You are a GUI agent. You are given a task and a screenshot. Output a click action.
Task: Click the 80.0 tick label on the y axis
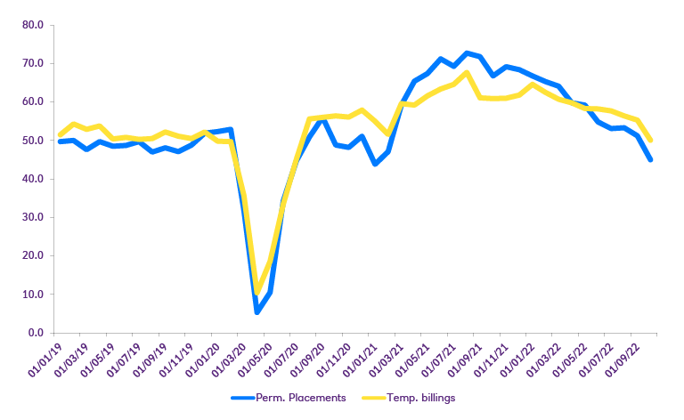tap(32, 25)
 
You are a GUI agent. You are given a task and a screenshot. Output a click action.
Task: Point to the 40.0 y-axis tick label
tap(32, 179)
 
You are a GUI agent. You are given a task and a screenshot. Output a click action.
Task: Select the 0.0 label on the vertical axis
tap(35, 333)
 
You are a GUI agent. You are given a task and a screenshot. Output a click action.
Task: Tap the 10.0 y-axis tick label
tap(32, 295)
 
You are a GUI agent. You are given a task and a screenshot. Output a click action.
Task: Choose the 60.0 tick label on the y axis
tap(32, 102)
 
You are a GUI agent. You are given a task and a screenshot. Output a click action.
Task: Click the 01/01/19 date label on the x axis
tap(45, 358)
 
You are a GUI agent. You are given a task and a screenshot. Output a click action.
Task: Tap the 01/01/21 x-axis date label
tap(357, 358)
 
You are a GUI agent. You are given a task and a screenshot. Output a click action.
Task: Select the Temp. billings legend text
tap(421, 398)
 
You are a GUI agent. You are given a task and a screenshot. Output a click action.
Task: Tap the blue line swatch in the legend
tap(243, 398)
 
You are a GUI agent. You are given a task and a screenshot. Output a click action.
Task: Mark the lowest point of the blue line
tap(256, 311)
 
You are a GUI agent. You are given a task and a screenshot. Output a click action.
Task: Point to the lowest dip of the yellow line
tap(257, 292)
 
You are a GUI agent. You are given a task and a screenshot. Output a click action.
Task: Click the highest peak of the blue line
tap(468, 53)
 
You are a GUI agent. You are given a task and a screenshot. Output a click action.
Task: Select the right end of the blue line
tap(651, 160)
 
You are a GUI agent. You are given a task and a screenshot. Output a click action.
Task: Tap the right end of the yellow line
tap(651, 141)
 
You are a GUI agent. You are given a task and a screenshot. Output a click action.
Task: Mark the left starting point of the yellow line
tap(59, 135)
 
